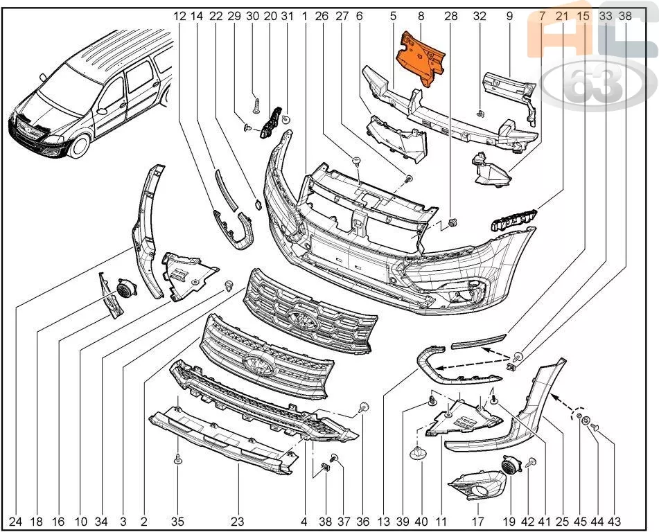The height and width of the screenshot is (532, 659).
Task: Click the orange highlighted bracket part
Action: (421, 59)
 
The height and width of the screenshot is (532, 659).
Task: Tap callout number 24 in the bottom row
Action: (15, 522)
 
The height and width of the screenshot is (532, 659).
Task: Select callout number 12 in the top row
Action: (179, 16)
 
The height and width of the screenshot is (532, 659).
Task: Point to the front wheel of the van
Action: (79, 143)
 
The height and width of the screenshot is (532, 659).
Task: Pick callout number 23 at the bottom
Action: (238, 522)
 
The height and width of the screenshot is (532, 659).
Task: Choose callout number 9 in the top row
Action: (509, 16)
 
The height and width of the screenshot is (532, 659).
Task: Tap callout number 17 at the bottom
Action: (478, 522)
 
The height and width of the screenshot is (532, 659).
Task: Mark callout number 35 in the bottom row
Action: (177, 522)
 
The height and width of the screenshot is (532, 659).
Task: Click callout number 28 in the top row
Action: (450, 16)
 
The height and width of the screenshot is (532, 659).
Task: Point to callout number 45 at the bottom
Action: (580, 522)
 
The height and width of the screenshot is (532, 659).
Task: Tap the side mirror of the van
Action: (102, 111)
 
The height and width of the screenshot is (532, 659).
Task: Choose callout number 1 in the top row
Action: (304, 16)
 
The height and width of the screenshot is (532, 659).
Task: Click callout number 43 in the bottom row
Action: (614, 522)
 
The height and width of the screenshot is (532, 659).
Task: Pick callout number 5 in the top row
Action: (393, 16)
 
